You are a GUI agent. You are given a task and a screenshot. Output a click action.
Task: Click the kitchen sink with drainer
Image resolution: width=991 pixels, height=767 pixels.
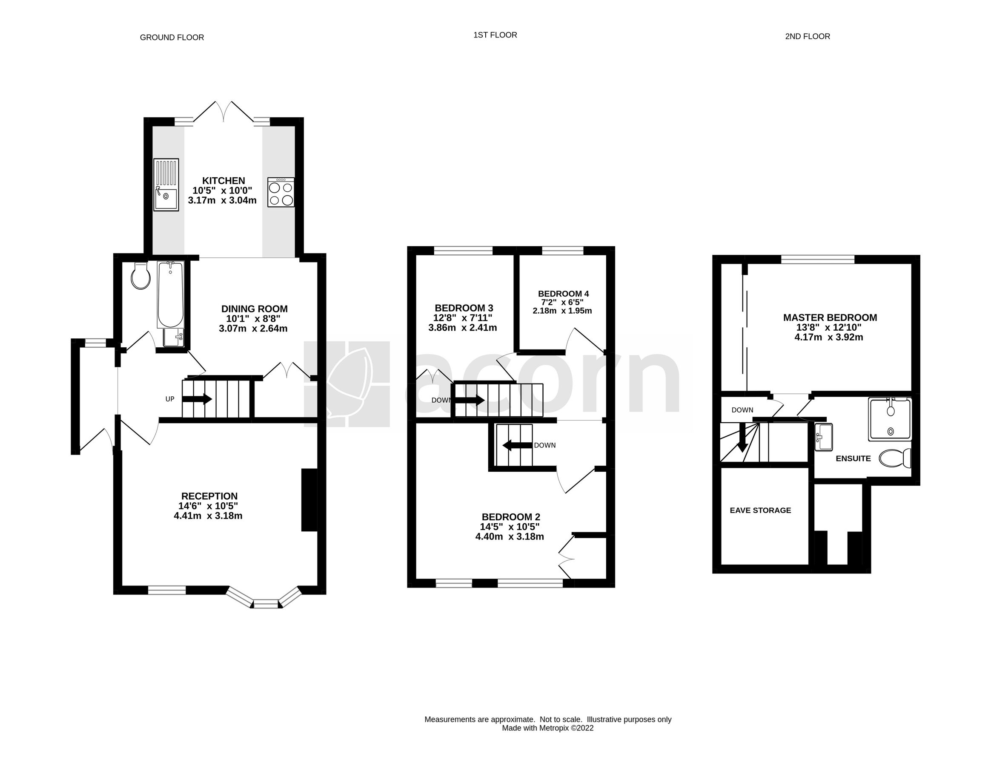166,185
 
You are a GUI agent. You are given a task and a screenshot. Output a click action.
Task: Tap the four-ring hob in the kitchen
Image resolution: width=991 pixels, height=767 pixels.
281,192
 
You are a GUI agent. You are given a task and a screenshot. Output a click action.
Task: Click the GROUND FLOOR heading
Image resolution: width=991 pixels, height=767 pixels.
172,37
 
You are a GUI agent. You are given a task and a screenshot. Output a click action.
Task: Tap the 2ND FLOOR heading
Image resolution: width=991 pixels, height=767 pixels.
807,37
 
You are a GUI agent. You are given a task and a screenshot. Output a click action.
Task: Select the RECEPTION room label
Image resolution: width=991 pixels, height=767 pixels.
209,496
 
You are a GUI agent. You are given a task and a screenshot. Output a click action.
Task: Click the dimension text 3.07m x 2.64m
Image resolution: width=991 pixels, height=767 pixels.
253,329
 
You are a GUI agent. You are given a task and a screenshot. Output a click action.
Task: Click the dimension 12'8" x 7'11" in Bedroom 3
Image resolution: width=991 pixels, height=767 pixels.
462,318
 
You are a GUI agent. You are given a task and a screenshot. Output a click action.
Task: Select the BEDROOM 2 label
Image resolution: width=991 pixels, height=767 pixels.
510,517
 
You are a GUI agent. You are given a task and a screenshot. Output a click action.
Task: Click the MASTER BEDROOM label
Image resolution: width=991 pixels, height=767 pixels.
830,318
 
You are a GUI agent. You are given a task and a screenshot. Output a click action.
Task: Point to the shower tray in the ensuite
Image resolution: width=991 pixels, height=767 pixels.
889,419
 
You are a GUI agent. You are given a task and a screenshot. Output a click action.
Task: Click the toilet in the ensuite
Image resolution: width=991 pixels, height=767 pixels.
895,458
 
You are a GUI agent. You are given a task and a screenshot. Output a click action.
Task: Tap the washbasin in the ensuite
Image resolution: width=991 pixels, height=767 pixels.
823,437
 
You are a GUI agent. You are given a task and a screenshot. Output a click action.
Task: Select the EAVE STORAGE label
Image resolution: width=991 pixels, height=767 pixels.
760,510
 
